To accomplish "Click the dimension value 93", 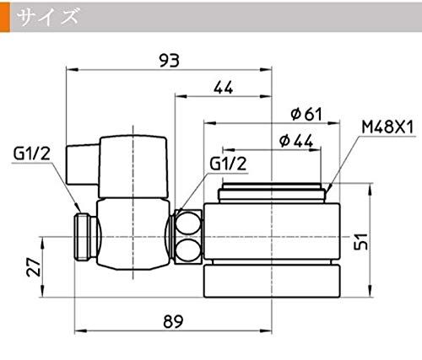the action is tap(169, 61).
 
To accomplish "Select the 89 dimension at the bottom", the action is tap(173, 321).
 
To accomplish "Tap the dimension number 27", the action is tap(33, 266).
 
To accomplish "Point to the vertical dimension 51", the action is tap(361, 241).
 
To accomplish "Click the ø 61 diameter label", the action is tap(306, 114).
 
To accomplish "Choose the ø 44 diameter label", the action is tap(296, 141).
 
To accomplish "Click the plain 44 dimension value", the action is tap(223, 88).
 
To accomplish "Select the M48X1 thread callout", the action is tap(387, 127).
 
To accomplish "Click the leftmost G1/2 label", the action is tap(31, 153).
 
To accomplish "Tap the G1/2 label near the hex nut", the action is tap(228, 164).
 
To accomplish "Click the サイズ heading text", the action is tap(47, 16).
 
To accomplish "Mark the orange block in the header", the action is tap(5, 18).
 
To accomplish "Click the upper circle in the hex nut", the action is tap(187, 223).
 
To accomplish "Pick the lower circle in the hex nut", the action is tap(187, 250).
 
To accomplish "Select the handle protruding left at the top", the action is tap(83, 164).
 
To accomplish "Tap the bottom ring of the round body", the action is tap(272, 281).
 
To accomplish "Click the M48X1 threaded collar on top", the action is tap(272, 192).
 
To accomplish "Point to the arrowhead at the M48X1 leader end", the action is tap(329, 188).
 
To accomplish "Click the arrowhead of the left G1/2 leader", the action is tap(78, 208).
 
